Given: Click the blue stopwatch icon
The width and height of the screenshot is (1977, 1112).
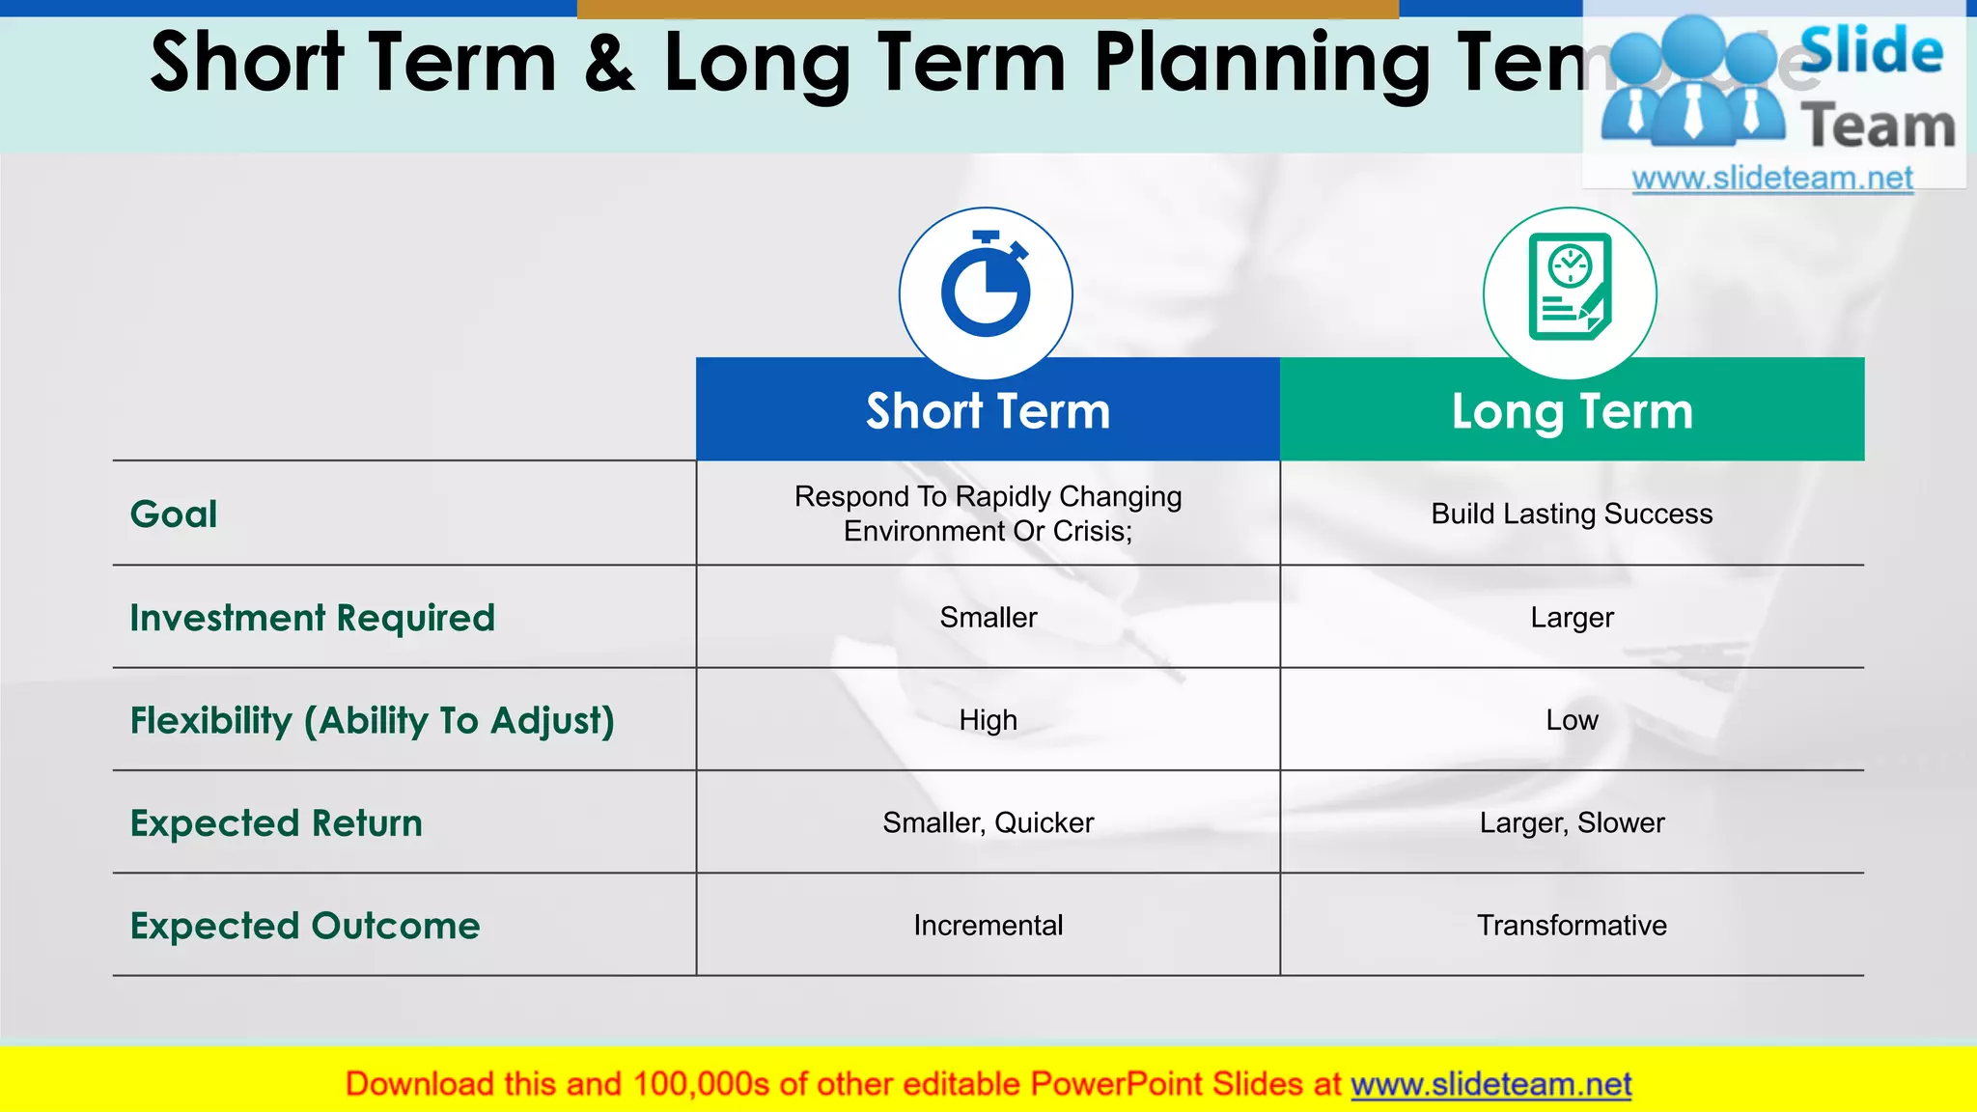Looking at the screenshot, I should [x=986, y=286].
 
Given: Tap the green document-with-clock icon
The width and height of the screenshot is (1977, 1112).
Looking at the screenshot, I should [x=1570, y=287].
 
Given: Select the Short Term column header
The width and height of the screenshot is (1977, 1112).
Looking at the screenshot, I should [x=988, y=411].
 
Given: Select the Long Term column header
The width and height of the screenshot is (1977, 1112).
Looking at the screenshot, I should [x=1572, y=411].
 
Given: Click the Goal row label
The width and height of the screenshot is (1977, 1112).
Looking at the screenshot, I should [x=174, y=514].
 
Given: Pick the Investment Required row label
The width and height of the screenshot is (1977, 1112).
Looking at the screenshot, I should [x=312, y=618].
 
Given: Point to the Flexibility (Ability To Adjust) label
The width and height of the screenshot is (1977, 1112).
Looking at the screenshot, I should [x=372, y=721].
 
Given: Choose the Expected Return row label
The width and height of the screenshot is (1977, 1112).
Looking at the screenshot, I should [x=276, y=823].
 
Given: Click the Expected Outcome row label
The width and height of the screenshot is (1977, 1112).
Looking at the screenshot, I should [x=305, y=926].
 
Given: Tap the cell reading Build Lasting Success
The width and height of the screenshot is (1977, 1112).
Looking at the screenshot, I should [x=1572, y=514].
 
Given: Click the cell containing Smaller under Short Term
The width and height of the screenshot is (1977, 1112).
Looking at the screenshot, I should [x=988, y=618].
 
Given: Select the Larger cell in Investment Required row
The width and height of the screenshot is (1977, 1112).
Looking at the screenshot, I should [x=1572, y=618].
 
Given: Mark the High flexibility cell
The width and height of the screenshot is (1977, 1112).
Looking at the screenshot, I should [x=988, y=720].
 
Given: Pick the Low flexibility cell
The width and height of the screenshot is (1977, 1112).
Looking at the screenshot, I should [x=1572, y=720].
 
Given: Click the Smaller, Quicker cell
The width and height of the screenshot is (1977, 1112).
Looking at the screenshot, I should [x=988, y=822].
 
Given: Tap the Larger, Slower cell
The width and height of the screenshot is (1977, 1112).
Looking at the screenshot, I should [x=1572, y=822].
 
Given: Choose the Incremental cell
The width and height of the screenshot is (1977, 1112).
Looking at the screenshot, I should [x=988, y=926].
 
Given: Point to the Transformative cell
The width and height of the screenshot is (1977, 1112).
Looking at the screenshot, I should [x=1572, y=926].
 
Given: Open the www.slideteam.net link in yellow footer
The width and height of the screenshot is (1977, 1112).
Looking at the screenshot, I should [x=1490, y=1085].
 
